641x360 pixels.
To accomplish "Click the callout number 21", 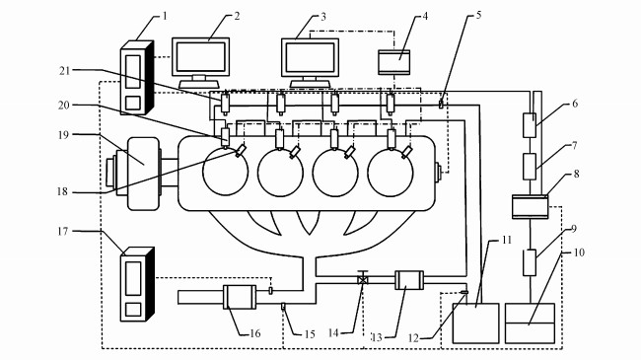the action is [64, 70].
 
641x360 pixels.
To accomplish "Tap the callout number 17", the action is [62, 232].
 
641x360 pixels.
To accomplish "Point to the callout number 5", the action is [478, 15].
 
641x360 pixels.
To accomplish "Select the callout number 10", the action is [579, 252].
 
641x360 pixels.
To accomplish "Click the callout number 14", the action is [333, 333].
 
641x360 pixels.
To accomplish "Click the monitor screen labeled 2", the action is [201, 57].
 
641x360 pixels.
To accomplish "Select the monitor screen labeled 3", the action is [310, 57].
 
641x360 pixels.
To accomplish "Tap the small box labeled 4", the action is [394, 62].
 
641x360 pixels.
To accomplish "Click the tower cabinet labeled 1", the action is [136, 77].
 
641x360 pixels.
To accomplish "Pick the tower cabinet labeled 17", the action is [137, 284].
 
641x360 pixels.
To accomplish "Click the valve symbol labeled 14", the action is [363, 280].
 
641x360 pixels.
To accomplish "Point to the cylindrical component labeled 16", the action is [240, 297].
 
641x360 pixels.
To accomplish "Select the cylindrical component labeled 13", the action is [409, 280].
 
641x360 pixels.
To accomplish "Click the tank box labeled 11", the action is [476, 324].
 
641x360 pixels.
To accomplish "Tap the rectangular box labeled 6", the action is [530, 125].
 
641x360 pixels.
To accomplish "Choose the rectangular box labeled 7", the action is [530, 167].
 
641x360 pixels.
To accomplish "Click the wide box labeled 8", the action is [531, 206].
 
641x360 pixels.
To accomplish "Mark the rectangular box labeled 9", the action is [530, 262].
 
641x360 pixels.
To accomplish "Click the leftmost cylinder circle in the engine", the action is [225, 173].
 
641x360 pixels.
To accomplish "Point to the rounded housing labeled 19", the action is [143, 174].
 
